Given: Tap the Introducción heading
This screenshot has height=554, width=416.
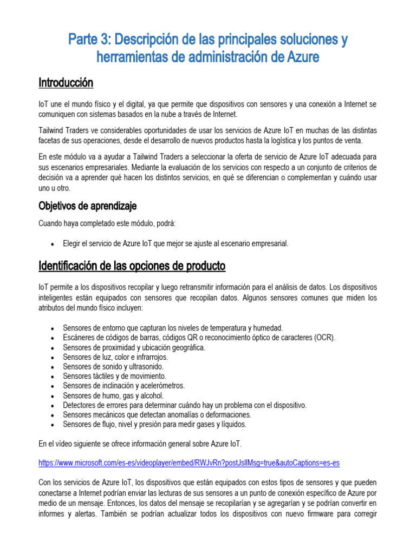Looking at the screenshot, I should pos(66,83).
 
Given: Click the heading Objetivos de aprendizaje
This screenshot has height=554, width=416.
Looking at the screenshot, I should pos(87,206).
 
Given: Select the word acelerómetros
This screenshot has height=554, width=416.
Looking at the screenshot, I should pos(162,386).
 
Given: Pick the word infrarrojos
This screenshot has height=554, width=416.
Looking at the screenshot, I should pos(150,357).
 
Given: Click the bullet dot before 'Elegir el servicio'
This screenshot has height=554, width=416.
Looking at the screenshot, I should pos(51,244).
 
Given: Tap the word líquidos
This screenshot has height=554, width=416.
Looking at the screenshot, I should pos(233,424).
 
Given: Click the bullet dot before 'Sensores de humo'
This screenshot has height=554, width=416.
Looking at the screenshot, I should pos(51,395).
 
